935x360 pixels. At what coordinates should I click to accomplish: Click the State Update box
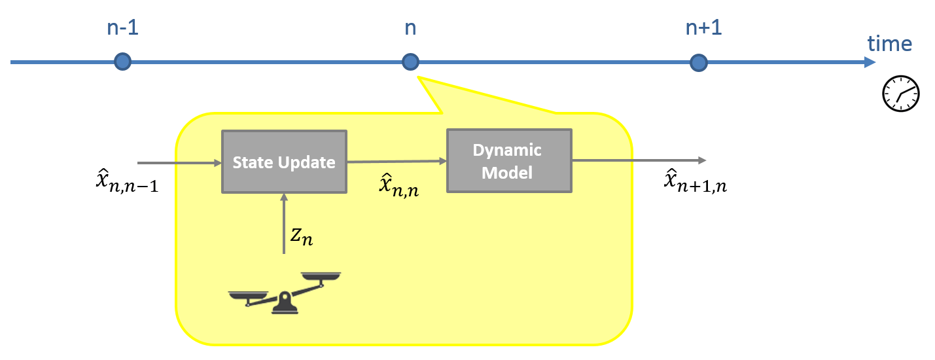click(x=284, y=162)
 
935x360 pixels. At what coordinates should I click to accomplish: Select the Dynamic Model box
click(x=508, y=160)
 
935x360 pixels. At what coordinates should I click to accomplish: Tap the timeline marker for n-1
click(x=122, y=62)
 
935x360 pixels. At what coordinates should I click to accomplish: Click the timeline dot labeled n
click(x=410, y=62)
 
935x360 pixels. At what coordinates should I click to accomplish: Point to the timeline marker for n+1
click(x=699, y=62)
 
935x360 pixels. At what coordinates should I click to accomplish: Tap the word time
click(x=889, y=43)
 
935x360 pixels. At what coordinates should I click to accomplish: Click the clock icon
click(x=901, y=94)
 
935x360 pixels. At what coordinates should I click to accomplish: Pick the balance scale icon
click(x=285, y=293)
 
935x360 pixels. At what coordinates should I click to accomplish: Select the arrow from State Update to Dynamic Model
click(x=397, y=160)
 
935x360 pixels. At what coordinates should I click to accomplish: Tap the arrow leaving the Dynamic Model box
click(x=638, y=160)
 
